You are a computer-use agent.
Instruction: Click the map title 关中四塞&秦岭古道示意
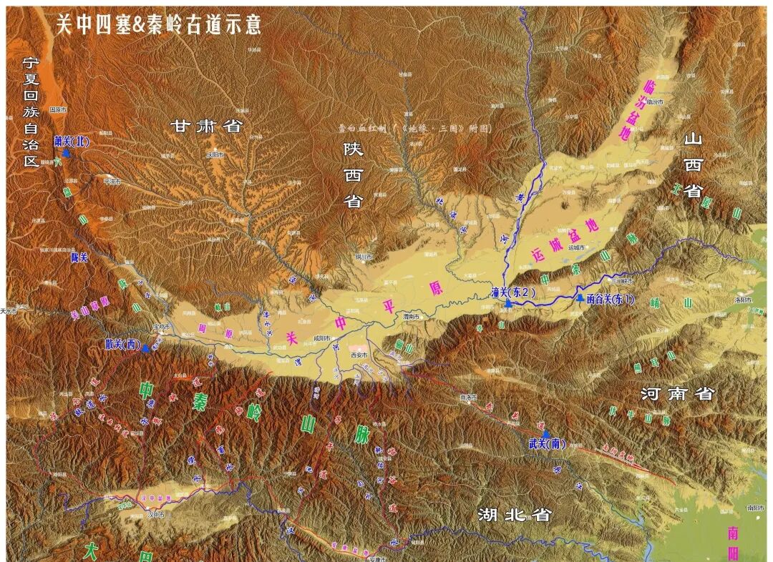pyautogui.click(x=159, y=24)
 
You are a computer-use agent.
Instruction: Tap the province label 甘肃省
pyautogui.click(x=207, y=127)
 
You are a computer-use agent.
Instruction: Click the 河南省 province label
pyautogui.click(x=677, y=393)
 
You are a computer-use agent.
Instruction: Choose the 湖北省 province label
pyautogui.click(x=514, y=514)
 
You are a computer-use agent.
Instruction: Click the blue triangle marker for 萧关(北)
pyautogui.click(x=66, y=152)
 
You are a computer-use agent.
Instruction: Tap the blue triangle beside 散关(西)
pyautogui.click(x=146, y=348)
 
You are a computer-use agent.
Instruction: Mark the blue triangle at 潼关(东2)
pyautogui.click(x=507, y=304)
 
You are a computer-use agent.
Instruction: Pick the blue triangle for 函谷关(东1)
pyautogui.click(x=580, y=297)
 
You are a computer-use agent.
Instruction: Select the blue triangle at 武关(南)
pyautogui.click(x=546, y=434)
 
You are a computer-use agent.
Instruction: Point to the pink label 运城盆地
pyautogui.click(x=564, y=239)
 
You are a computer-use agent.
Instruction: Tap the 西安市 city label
pyautogui.click(x=359, y=355)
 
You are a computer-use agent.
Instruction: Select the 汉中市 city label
pyautogui.click(x=155, y=514)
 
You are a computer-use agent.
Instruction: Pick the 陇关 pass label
pyautogui.click(x=79, y=257)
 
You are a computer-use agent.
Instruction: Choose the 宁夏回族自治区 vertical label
pyautogui.click(x=29, y=112)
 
